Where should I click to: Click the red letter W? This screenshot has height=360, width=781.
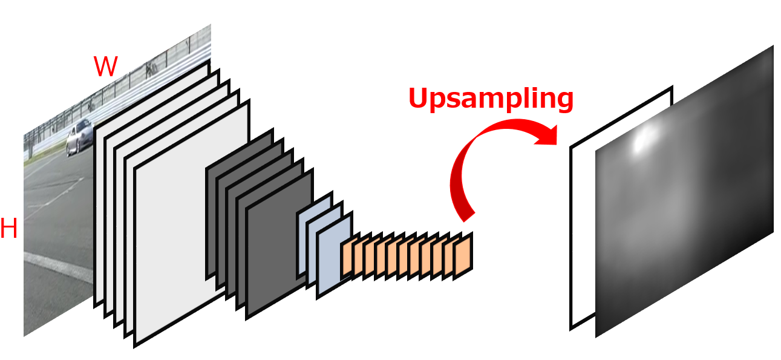click(105, 67)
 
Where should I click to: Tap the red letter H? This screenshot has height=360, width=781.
click(8, 230)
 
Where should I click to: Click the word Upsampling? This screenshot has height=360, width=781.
click(491, 99)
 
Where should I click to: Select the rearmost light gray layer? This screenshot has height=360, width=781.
click(100, 182)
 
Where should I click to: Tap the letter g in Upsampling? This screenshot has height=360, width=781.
click(562, 103)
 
